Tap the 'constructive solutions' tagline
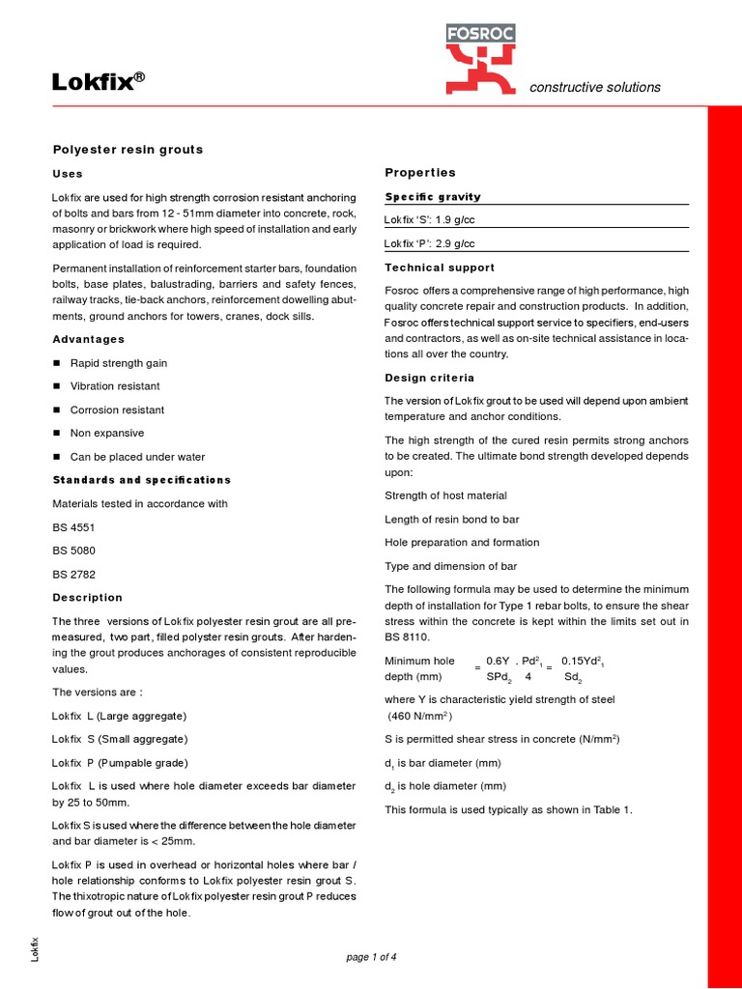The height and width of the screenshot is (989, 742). click(595, 87)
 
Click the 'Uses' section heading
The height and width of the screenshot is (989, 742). click(67, 174)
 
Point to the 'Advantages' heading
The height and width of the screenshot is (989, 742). click(88, 339)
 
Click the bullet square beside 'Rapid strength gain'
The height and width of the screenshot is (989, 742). click(56, 363)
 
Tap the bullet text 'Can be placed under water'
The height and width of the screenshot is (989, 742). click(137, 457)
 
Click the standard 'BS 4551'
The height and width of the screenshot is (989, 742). click(73, 527)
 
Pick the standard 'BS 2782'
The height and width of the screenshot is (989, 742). click(73, 574)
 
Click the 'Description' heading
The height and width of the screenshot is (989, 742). click(87, 597)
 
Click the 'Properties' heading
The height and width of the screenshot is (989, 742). click(420, 173)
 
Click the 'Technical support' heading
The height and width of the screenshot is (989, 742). click(440, 268)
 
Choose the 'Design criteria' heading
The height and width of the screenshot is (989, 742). click(429, 378)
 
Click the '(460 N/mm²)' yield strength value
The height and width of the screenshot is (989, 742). click(420, 716)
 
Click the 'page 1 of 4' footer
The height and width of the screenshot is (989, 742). click(371, 957)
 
